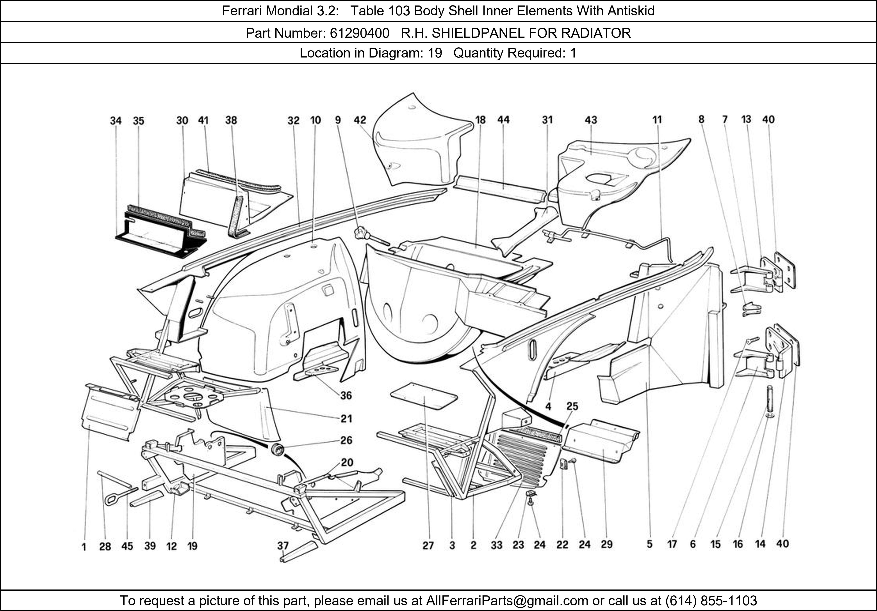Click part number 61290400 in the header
point(359,33)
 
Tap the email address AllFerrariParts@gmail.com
point(507,601)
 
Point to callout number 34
point(116,121)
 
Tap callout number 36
point(346,395)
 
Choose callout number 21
point(346,419)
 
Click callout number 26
point(346,440)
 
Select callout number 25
point(572,406)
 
